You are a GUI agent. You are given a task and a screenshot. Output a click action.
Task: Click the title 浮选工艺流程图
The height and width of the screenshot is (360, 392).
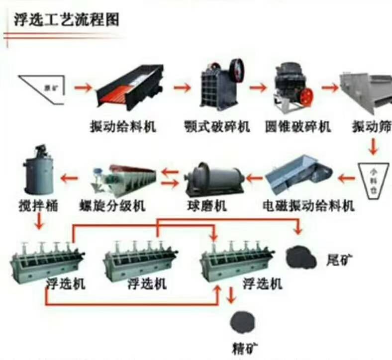click(65, 21)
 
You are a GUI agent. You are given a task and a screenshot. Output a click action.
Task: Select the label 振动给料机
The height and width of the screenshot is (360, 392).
click(123, 127)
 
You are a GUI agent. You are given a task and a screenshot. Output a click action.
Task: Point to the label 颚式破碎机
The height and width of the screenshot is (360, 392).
click(216, 127)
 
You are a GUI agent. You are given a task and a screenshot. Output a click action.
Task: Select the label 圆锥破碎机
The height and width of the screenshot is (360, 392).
click(297, 127)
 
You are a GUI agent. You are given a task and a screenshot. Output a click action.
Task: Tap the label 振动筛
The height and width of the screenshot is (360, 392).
click(371, 127)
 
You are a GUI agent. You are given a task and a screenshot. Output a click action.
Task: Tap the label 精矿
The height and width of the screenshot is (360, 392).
click(244, 348)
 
